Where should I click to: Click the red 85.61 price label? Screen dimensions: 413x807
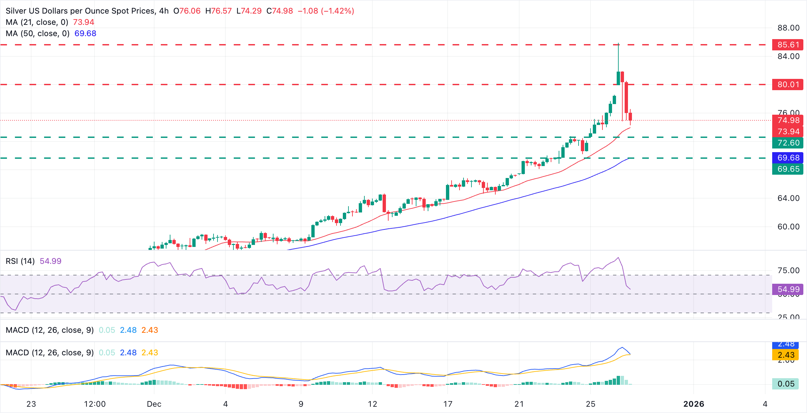pos(788,45)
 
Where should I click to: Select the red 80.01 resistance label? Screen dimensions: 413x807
pos(788,85)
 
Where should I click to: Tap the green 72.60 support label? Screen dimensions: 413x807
pos(788,143)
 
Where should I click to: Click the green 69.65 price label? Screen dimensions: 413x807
pos(788,169)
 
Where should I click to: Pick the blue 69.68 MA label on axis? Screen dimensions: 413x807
pos(788,158)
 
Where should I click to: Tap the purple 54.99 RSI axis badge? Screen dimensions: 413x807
pos(788,289)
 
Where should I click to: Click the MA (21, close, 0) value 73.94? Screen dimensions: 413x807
pos(84,22)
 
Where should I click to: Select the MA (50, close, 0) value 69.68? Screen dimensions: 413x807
pos(85,33)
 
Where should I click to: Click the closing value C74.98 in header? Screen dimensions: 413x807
pos(279,11)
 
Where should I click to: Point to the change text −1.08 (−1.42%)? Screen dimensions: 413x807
pos(326,11)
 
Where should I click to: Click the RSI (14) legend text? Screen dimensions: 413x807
pos(20,261)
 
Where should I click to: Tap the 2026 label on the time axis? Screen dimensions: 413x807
pos(694,404)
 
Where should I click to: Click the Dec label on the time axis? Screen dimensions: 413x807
pos(154,404)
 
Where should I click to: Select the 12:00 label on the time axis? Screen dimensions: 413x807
pos(95,404)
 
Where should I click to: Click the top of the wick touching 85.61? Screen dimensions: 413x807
pos(618,44)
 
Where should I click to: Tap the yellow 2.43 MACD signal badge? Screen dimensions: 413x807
pos(786,355)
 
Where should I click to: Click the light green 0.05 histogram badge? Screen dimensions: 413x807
pos(786,384)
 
